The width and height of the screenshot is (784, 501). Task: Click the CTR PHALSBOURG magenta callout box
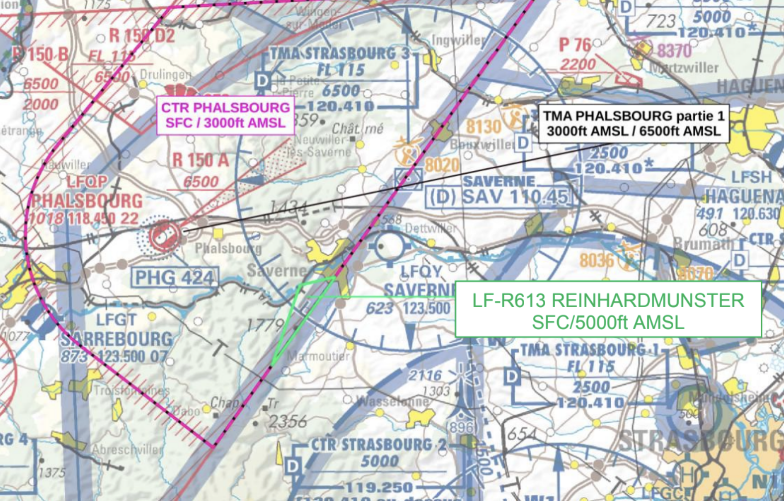(226, 115)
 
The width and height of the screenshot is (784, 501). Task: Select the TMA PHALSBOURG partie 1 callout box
(634, 123)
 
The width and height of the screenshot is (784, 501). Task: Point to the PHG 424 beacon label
(174, 277)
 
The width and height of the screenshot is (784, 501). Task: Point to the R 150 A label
(201, 160)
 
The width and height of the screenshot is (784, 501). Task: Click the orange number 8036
(596, 260)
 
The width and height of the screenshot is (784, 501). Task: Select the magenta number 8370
(674, 51)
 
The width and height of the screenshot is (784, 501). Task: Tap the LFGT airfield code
(116, 320)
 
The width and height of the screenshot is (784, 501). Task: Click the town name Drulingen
(165, 75)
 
